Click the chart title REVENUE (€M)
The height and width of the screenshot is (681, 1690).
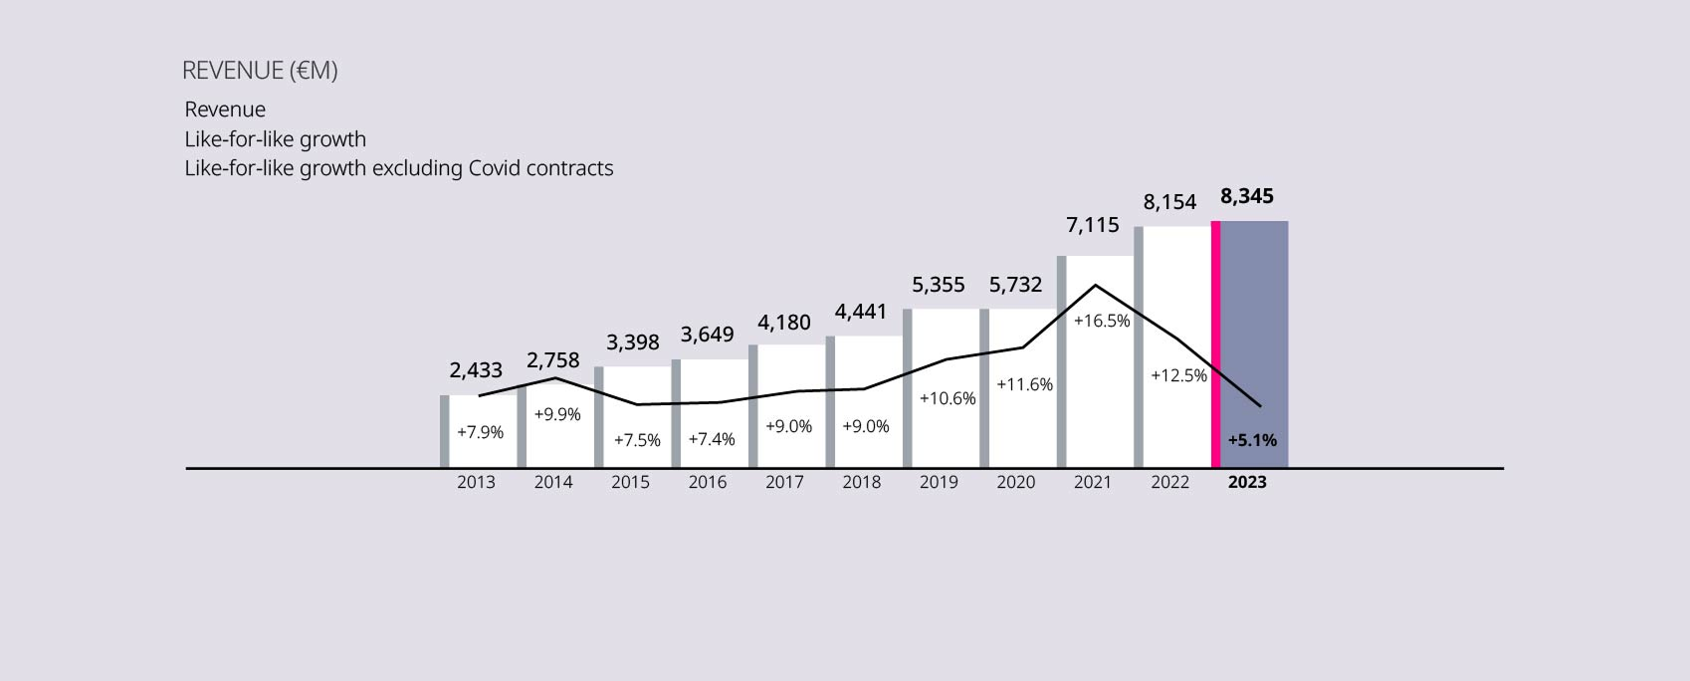point(260,71)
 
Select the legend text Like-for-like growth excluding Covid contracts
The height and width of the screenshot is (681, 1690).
point(398,168)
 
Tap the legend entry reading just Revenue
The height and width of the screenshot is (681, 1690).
point(225,110)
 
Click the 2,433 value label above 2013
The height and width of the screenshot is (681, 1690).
point(476,370)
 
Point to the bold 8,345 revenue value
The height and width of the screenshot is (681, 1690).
point(1247,196)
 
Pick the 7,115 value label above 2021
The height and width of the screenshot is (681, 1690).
point(1093,225)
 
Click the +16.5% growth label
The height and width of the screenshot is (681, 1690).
point(1102,321)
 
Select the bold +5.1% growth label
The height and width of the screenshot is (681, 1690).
point(1252,440)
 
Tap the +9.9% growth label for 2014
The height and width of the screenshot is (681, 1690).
point(557,414)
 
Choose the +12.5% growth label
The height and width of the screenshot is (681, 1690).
point(1178,375)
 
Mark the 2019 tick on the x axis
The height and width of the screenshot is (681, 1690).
point(939,482)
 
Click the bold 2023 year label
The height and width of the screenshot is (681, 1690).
point(1247,482)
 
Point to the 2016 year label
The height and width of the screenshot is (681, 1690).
point(708,482)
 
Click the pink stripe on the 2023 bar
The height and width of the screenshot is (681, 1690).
point(1215,343)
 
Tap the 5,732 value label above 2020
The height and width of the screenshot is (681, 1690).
point(1015,285)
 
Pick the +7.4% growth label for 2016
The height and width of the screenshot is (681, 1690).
point(712,439)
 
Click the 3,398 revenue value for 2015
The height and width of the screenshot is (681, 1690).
point(633,342)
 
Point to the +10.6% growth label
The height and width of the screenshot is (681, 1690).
point(948,398)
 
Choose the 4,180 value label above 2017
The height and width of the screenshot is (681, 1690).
point(784,323)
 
